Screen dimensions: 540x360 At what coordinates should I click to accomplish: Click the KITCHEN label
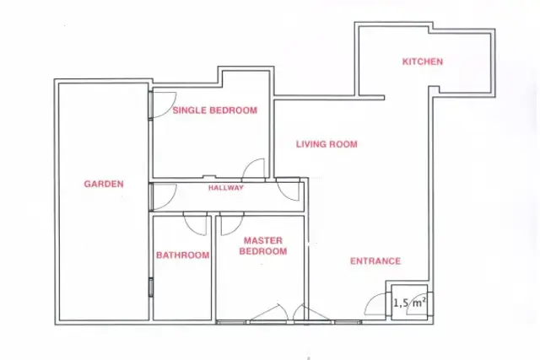[423, 62]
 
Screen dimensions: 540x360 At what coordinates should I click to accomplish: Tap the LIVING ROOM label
[327, 144]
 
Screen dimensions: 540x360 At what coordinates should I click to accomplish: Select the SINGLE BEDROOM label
[215, 110]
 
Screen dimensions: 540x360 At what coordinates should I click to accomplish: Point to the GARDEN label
[104, 184]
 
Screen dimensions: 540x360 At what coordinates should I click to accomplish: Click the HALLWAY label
[226, 187]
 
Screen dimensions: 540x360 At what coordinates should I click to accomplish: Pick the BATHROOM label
[182, 255]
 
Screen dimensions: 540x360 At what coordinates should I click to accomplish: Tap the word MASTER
[263, 240]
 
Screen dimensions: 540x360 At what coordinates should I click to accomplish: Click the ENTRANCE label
[375, 261]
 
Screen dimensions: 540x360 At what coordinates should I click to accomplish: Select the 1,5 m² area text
[409, 303]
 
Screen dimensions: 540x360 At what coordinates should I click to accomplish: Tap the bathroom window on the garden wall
[151, 287]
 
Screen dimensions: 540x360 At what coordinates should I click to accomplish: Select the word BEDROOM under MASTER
[263, 251]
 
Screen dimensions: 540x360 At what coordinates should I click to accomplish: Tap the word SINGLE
[190, 110]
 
